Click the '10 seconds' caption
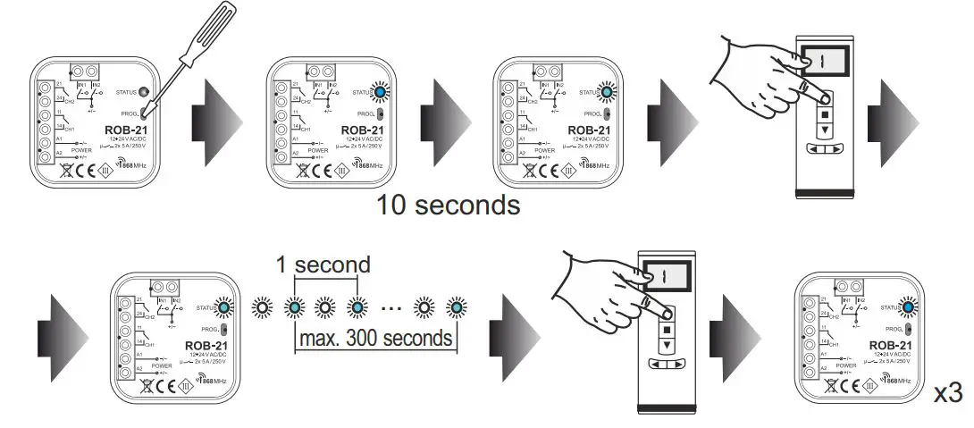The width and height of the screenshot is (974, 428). point(448,205)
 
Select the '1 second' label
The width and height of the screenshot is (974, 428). point(323,265)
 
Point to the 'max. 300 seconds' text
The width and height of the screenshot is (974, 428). point(374,340)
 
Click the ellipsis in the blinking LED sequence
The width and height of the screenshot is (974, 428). point(391,308)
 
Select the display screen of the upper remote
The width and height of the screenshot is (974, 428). point(826,65)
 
